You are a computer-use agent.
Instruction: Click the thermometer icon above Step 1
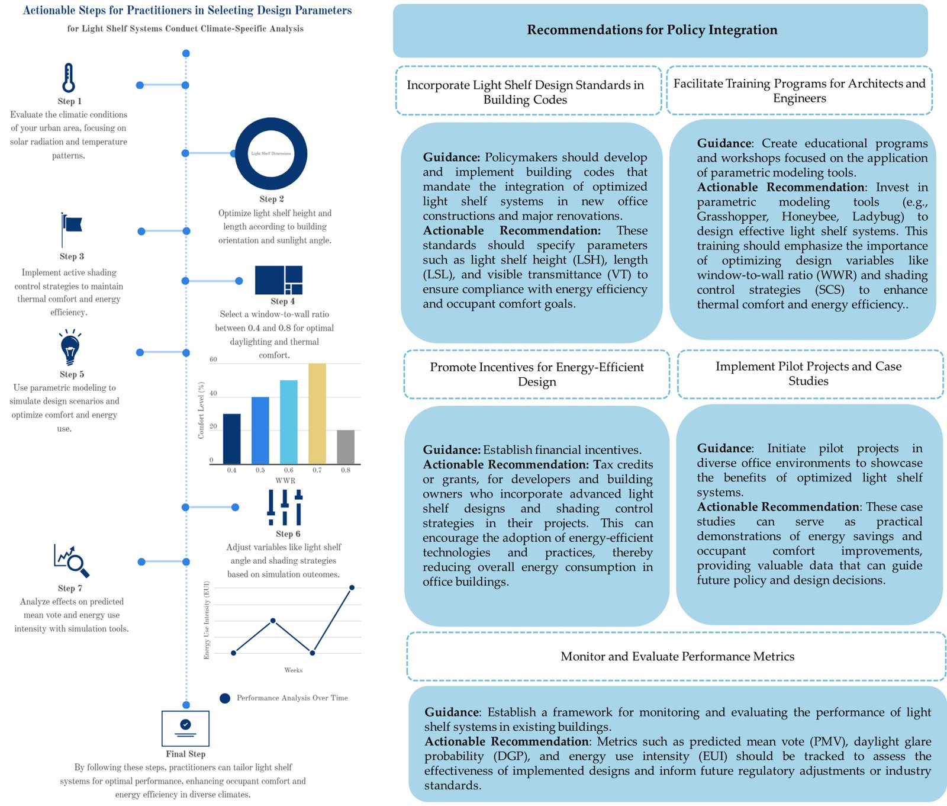pos(69,78)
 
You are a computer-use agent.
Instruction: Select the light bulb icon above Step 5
pos(70,348)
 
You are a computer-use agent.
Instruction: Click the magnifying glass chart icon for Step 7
pos(72,560)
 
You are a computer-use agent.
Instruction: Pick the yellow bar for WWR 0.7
pos(317,413)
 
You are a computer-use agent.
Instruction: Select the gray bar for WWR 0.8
pos(346,447)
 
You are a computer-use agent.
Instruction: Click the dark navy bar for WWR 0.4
pos(231,438)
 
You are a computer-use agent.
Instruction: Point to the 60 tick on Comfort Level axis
pos(213,359)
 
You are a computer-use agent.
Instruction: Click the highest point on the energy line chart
pos(352,587)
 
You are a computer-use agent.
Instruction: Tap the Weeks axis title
pos(293,670)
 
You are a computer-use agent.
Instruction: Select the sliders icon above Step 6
pos(285,507)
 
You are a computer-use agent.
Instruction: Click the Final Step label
pos(185,754)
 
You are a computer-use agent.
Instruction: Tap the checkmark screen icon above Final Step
pos(185,728)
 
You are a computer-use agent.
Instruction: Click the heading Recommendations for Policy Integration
pos(652,30)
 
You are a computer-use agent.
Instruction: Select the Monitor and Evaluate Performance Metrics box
pos(677,656)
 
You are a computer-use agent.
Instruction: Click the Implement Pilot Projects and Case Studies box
pos(809,374)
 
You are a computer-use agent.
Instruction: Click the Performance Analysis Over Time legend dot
pos(225,698)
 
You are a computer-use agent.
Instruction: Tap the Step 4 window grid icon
pos(279,280)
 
